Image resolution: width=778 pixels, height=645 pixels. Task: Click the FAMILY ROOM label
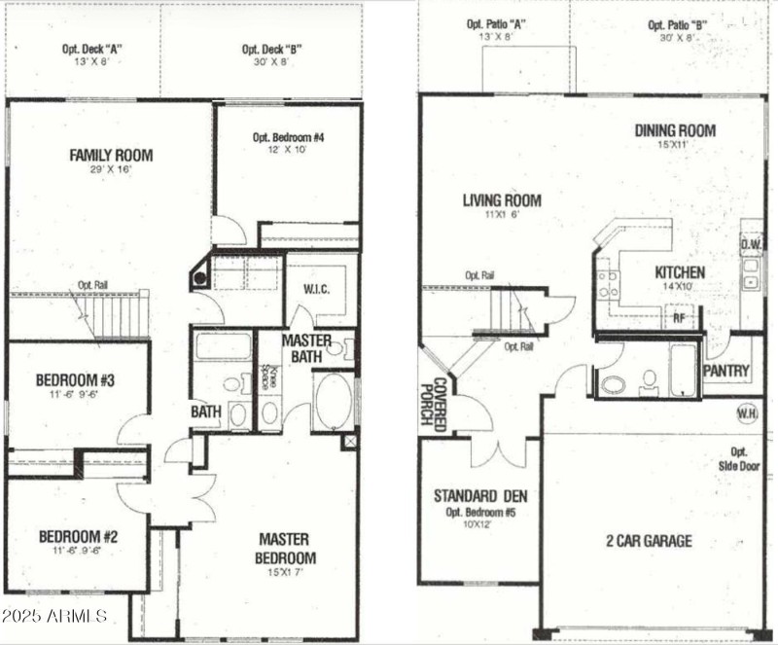(111, 155)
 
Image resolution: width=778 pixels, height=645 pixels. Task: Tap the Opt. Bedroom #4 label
(288, 137)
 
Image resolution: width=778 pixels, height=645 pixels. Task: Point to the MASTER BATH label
(306, 348)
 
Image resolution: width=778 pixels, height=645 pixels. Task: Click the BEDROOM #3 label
(76, 379)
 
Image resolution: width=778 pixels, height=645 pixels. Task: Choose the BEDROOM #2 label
(78, 536)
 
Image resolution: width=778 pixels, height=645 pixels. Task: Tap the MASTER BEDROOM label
(285, 549)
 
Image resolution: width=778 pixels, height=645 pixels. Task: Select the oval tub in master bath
(335, 401)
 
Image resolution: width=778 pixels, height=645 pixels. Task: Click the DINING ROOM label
(675, 130)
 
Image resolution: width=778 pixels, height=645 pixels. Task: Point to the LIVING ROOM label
(502, 201)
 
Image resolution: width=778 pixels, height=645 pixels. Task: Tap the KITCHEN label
(680, 272)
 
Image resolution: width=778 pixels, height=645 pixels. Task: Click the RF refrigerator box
(678, 316)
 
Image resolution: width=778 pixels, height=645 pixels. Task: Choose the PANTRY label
(725, 371)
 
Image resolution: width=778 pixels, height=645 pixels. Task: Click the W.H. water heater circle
(747, 412)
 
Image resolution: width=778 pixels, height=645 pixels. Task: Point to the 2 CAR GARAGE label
(650, 541)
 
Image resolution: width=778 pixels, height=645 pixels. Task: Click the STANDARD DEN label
(479, 495)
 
